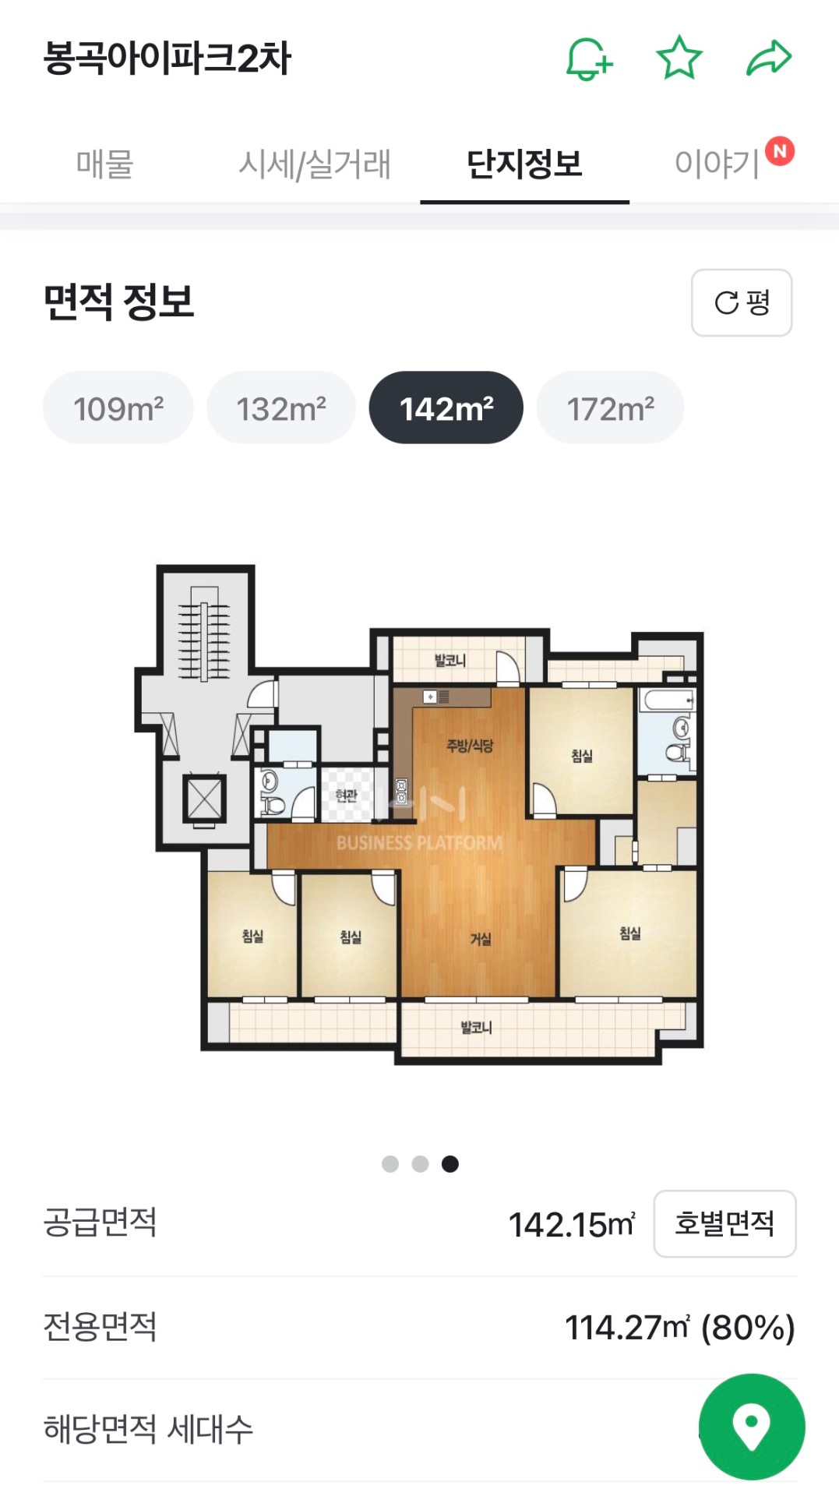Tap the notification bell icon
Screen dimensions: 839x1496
click(x=588, y=58)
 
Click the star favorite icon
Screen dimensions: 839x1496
click(x=679, y=58)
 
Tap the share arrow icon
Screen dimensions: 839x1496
click(x=769, y=58)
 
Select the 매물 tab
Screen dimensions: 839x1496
click(x=104, y=164)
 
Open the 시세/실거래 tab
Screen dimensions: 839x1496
click(x=314, y=164)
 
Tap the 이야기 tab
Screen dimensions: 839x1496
click(x=717, y=164)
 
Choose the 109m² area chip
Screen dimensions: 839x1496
click(x=118, y=408)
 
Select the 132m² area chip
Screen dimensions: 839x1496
click(x=281, y=408)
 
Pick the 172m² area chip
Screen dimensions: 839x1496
click(x=611, y=408)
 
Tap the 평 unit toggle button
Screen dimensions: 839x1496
click(x=742, y=303)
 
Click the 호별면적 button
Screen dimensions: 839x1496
click(x=724, y=1223)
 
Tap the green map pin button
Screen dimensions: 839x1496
click(x=752, y=1427)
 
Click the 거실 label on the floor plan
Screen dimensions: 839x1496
click(x=481, y=939)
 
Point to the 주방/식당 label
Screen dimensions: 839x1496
click(x=470, y=746)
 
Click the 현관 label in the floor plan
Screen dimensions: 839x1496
click(x=347, y=796)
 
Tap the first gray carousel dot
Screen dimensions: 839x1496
click(x=390, y=1164)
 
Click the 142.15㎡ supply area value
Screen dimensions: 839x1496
click(x=572, y=1225)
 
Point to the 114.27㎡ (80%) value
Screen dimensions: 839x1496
click(x=679, y=1328)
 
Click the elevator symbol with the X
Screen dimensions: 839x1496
click(x=204, y=798)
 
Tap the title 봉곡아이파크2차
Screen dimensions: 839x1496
click(x=167, y=58)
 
